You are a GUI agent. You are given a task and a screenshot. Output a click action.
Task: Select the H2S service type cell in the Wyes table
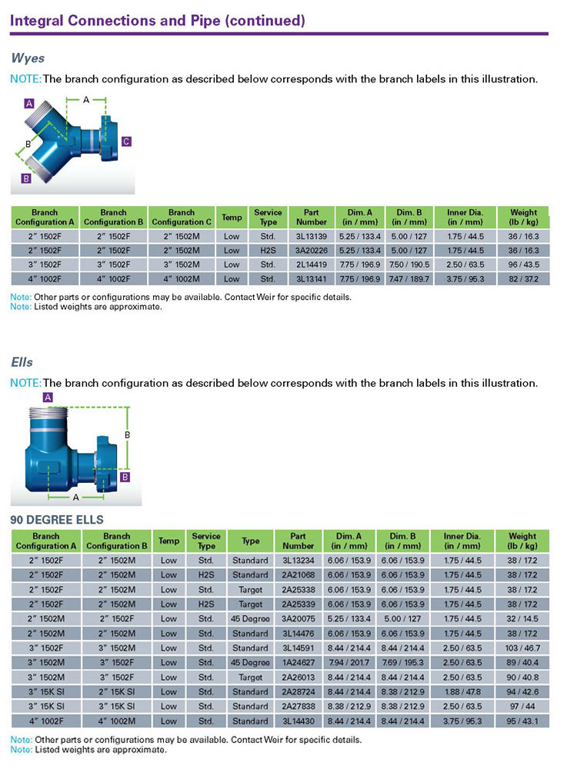(x=268, y=250)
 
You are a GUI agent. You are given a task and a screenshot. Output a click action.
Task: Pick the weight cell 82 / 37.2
(x=523, y=278)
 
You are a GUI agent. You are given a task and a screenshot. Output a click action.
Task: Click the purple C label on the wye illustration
(x=126, y=141)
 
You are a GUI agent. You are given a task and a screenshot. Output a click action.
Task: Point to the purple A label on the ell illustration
(x=48, y=398)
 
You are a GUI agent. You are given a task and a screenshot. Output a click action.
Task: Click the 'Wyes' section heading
(x=28, y=58)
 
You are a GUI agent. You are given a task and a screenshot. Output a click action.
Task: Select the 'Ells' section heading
(x=22, y=361)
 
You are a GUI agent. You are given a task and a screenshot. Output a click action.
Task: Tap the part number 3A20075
(x=298, y=618)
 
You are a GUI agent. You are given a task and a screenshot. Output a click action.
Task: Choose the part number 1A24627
(x=298, y=662)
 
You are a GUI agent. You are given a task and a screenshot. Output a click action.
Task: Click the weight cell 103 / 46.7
(x=522, y=648)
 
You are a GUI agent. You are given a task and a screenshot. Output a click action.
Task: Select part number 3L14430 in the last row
(x=298, y=721)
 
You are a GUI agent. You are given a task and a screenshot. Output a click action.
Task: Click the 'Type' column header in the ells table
(x=250, y=541)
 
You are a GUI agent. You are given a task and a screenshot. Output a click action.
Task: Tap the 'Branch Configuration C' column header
(x=181, y=217)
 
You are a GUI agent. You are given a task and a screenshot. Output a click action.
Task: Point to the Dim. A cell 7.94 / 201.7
(x=349, y=662)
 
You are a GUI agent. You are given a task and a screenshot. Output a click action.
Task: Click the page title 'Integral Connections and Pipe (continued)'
(x=157, y=21)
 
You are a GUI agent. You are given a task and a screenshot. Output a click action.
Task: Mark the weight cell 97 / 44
(x=522, y=706)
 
